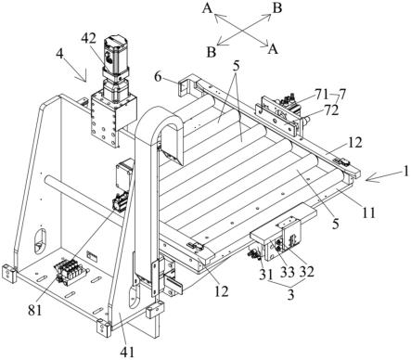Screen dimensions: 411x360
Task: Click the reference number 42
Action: [89, 39]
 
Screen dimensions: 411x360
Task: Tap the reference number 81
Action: [34, 310]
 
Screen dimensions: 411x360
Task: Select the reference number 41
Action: [128, 352]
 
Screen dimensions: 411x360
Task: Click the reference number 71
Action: [322, 95]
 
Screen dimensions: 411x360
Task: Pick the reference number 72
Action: [331, 110]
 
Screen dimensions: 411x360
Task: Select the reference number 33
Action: [288, 271]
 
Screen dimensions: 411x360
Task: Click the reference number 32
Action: [306, 271]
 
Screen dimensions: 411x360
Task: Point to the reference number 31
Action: [266, 273]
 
